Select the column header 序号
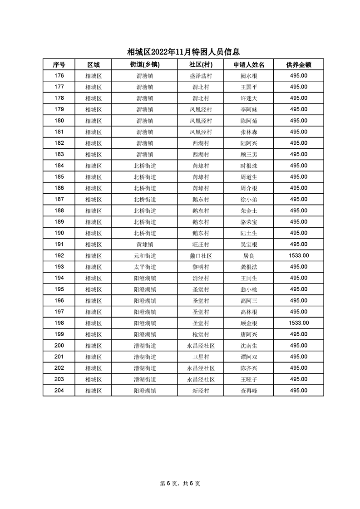[x=59, y=64]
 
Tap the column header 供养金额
[x=298, y=64]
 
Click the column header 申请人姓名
[x=249, y=64]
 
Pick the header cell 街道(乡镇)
[x=144, y=64]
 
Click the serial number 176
[x=59, y=76]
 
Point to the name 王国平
[x=249, y=87]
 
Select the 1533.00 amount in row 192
[x=298, y=255]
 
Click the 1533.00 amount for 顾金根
[x=298, y=323]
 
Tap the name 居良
[x=249, y=255]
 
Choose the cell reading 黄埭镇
[x=144, y=244]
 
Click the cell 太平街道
[x=144, y=267]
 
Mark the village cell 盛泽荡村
[x=200, y=76]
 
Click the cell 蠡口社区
[x=200, y=255]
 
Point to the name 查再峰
[x=249, y=391]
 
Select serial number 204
[x=59, y=391]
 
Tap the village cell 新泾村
[x=200, y=391]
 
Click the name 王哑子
[x=249, y=379]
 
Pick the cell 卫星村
[x=200, y=357]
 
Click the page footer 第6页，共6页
[x=180, y=484]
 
